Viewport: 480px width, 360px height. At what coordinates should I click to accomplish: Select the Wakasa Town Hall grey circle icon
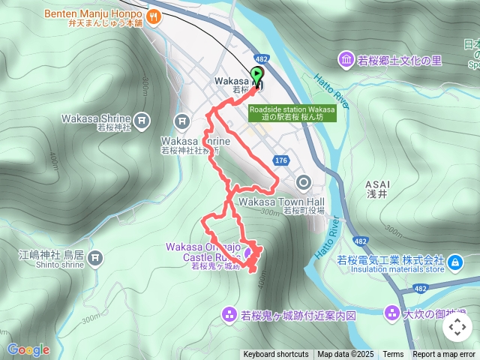[x=304, y=181]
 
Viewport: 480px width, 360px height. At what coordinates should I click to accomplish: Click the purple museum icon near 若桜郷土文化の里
[x=346, y=59]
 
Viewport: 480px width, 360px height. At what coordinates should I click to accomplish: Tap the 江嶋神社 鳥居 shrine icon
[x=94, y=259]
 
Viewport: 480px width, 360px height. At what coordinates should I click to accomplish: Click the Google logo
[x=28, y=349]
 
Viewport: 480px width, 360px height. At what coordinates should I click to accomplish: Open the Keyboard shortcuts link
[x=275, y=355]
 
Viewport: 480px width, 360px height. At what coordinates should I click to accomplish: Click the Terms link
[x=393, y=355]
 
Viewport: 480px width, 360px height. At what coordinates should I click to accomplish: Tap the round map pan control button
[x=457, y=327]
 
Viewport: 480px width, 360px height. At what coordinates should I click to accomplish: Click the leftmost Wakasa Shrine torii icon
[x=142, y=119]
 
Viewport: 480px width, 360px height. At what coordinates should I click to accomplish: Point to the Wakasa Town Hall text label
[x=281, y=202]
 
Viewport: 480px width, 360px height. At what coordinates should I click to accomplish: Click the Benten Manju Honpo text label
[x=93, y=13]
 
